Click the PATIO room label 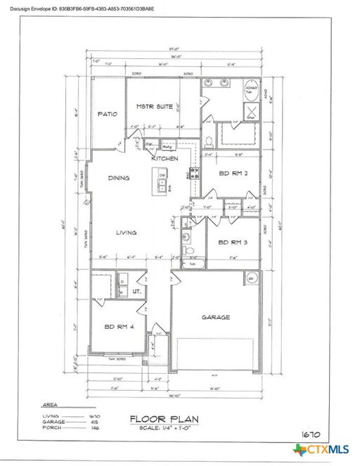pyautogui.click(x=107, y=113)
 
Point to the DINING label pyautogui.click(x=119, y=178)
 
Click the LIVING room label pyautogui.click(x=126, y=232)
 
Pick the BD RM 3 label pyautogui.click(x=233, y=242)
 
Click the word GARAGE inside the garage pyautogui.click(x=216, y=317)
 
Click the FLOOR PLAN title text pyautogui.click(x=164, y=420)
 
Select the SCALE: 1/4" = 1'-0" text pyautogui.click(x=165, y=429)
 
